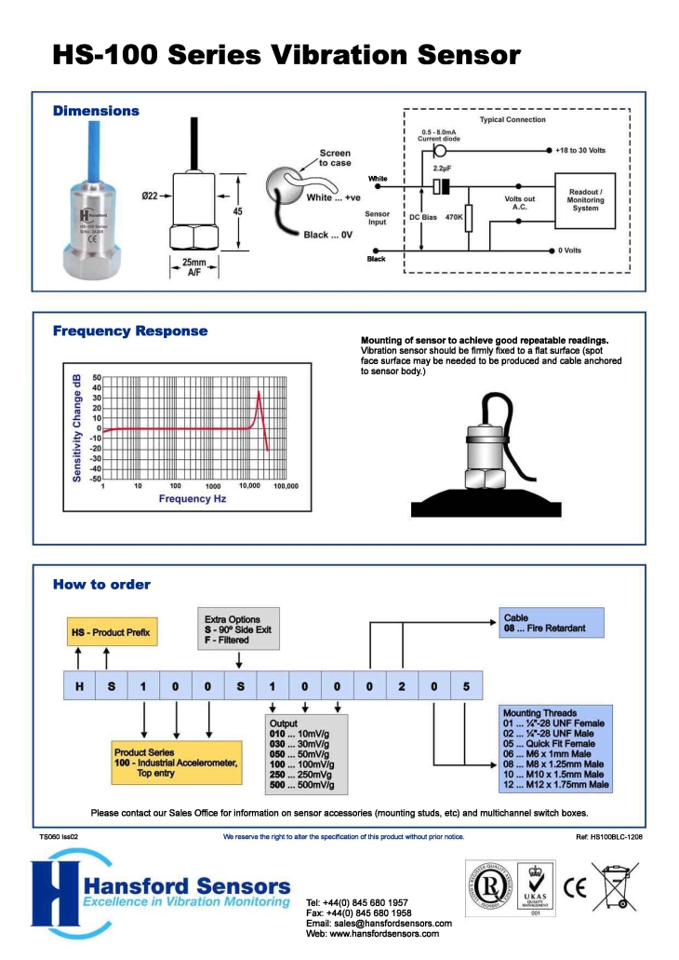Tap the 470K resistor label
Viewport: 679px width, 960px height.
(x=454, y=217)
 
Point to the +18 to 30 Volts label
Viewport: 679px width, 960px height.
(x=587, y=150)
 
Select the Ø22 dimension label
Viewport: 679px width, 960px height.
(x=152, y=195)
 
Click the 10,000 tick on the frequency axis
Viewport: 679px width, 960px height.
(x=249, y=486)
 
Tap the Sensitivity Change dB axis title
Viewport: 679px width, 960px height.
(x=77, y=427)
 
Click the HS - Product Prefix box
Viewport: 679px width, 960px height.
(x=110, y=633)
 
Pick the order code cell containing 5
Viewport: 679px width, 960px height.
(x=466, y=686)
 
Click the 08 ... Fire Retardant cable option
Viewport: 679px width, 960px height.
(x=546, y=629)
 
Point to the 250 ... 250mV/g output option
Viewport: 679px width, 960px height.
(x=302, y=774)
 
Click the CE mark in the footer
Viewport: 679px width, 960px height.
(x=575, y=887)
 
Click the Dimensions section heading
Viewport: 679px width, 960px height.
(x=96, y=111)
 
